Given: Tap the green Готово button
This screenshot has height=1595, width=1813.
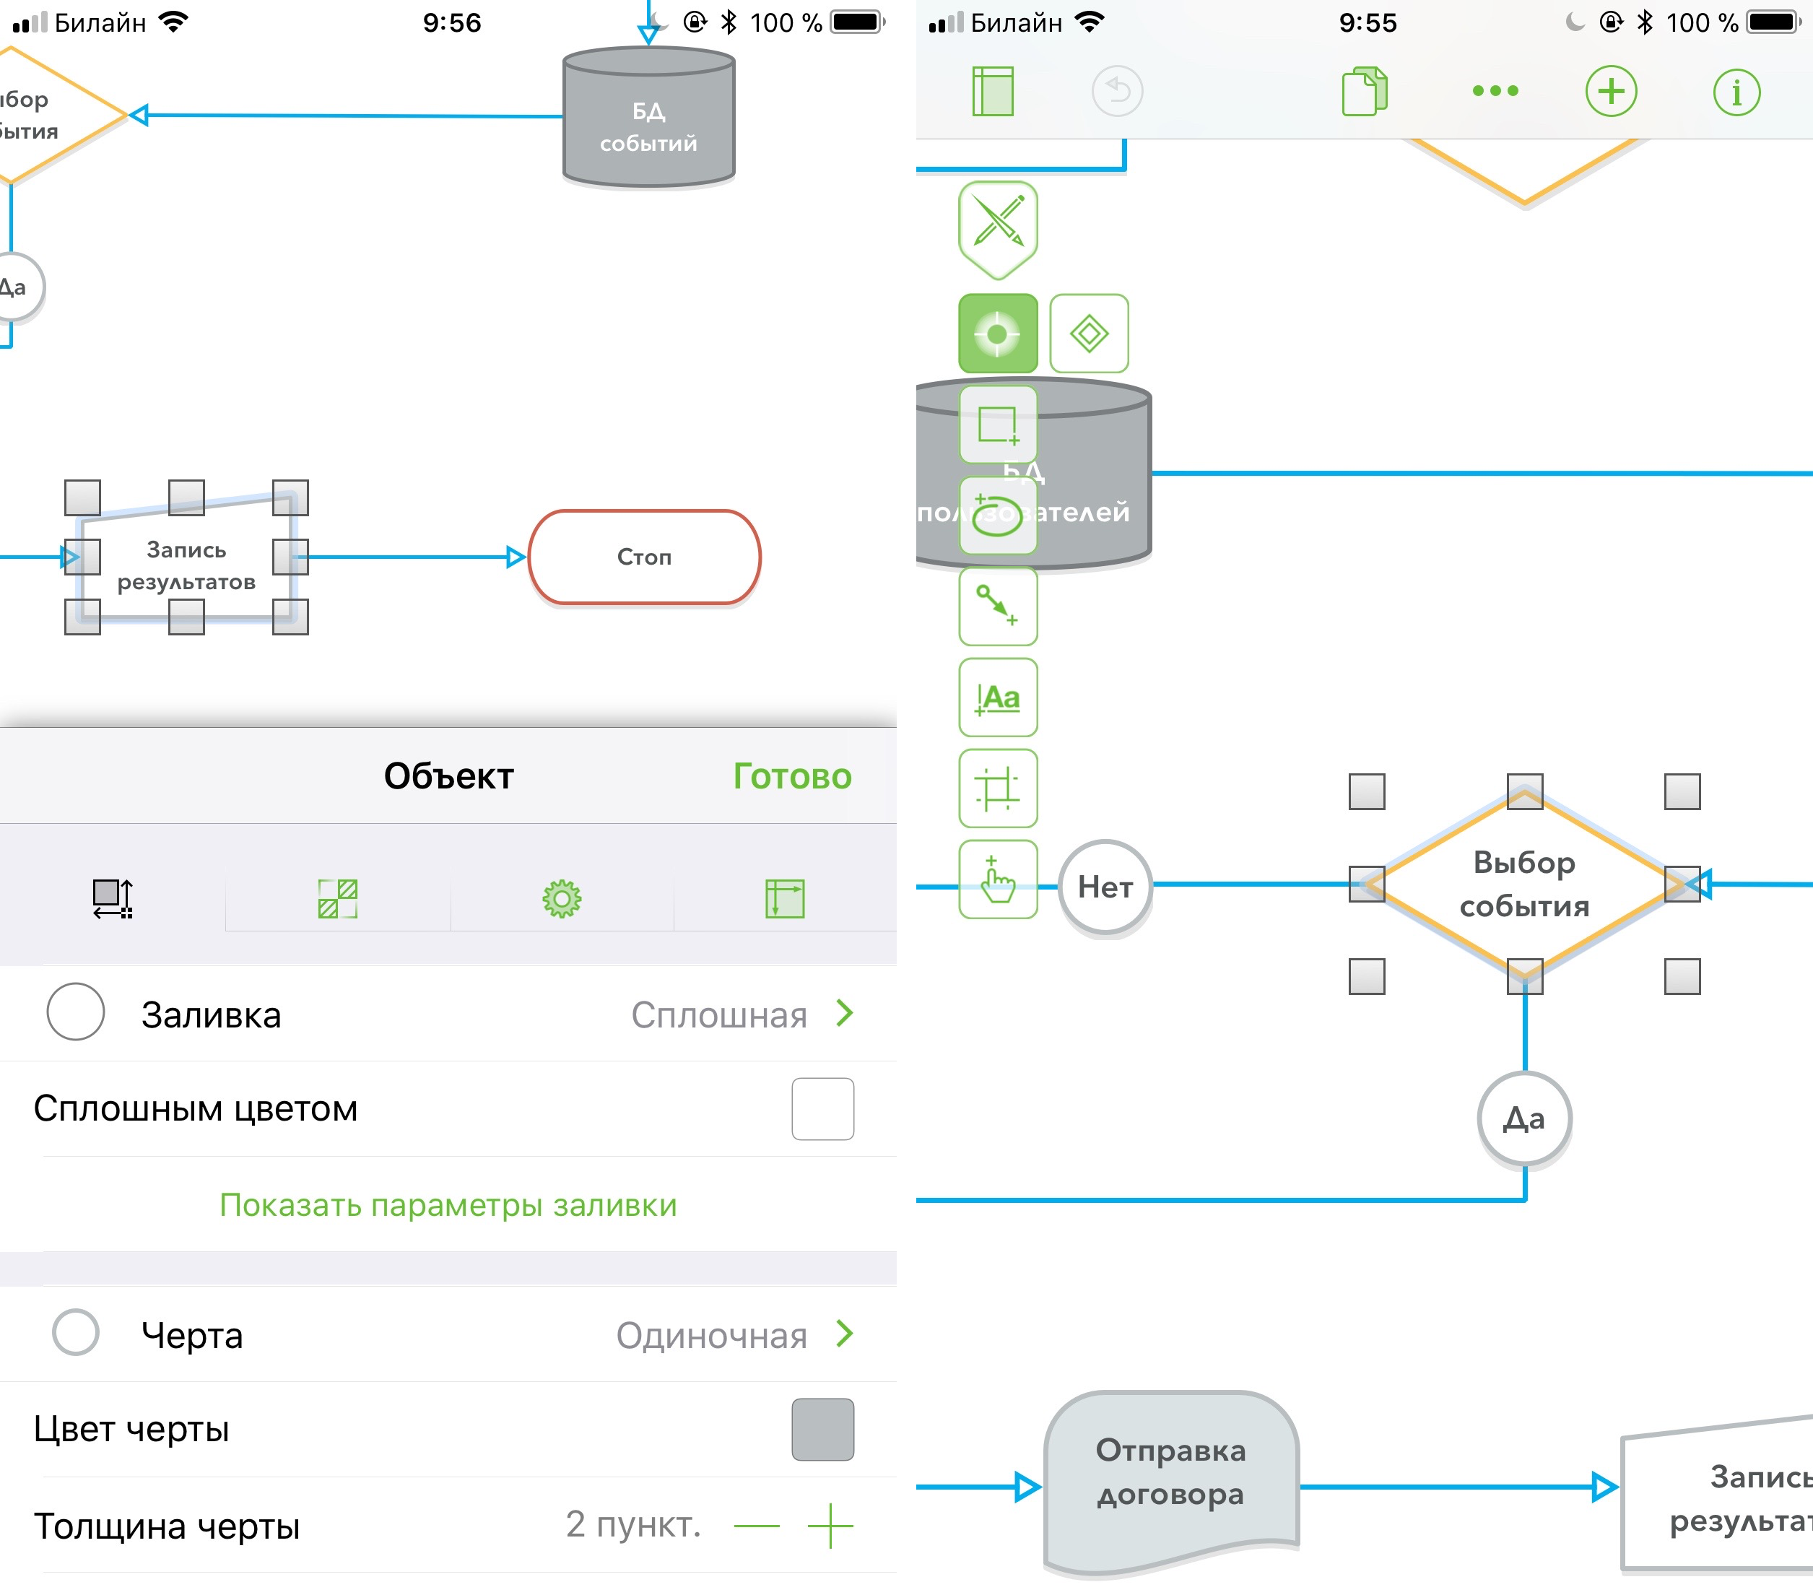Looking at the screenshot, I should (791, 776).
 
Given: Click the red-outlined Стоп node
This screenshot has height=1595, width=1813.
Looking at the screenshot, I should (645, 557).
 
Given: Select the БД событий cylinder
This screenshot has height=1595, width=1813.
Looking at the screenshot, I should (648, 120).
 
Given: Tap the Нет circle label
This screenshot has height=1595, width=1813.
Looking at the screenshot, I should (1105, 886).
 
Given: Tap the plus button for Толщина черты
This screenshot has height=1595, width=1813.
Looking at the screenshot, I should (830, 1526).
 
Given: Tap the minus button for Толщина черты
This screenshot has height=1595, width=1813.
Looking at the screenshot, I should (757, 1526).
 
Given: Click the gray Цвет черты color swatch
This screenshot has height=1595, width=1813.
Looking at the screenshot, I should (822, 1429).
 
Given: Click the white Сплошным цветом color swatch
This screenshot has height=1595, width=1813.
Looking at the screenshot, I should (822, 1109).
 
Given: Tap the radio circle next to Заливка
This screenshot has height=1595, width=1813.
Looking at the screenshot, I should (75, 1012).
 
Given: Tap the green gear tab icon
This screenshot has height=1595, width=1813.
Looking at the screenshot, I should (562, 899).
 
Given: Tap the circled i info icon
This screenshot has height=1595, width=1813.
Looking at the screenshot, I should (1736, 92).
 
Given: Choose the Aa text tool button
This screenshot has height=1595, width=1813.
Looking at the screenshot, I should (998, 697).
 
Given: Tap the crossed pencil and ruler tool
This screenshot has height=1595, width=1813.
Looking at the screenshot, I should (998, 222).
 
